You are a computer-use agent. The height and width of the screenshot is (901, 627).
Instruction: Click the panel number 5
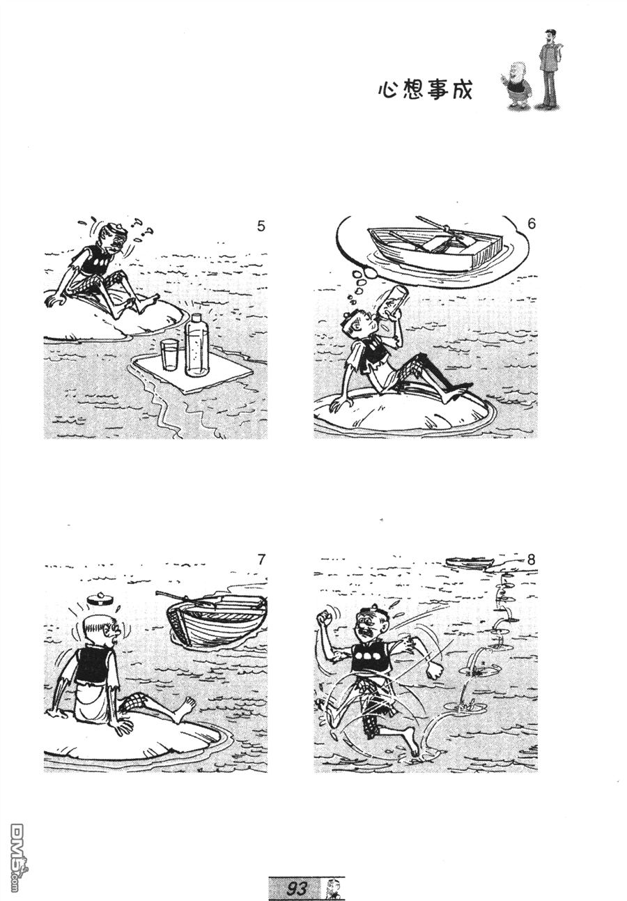tap(261, 226)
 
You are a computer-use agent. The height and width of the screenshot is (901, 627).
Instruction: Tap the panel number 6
tap(532, 223)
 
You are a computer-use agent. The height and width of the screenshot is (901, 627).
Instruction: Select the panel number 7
tap(261, 559)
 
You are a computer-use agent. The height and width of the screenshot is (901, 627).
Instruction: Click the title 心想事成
tap(425, 90)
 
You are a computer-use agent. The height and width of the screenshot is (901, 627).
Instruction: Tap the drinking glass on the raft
tap(169, 355)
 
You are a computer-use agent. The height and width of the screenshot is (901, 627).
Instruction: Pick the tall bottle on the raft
tap(197, 345)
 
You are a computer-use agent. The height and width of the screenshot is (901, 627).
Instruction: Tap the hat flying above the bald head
tap(99, 599)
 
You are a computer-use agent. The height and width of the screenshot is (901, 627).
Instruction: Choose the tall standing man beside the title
tap(550, 69)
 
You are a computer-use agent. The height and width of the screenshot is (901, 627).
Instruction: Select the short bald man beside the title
tap(516, 84)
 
